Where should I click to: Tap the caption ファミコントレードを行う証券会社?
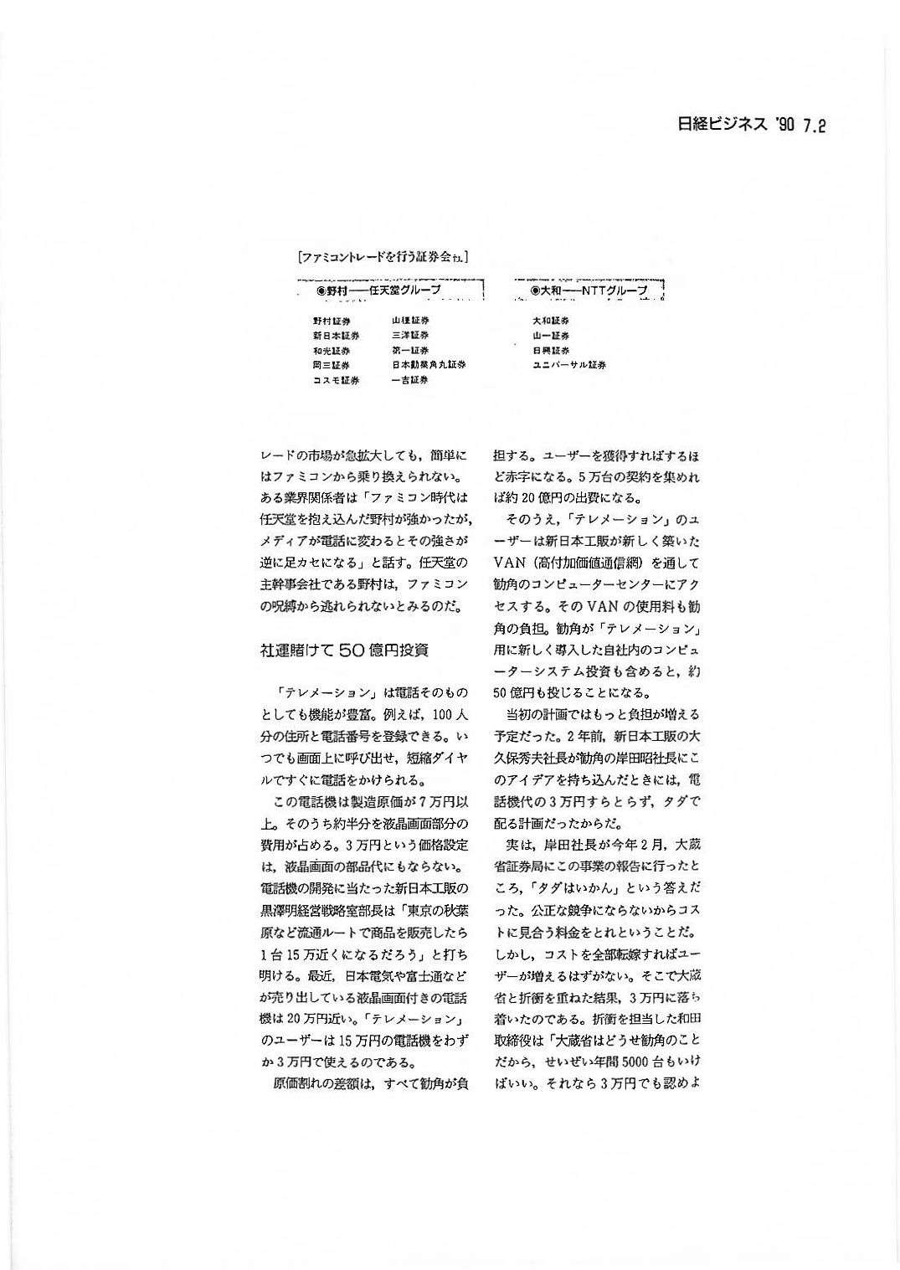[383, 258]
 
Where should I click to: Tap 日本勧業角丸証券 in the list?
[428, 366]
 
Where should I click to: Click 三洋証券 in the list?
[409, 336]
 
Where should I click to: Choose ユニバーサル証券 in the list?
[569, 366]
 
